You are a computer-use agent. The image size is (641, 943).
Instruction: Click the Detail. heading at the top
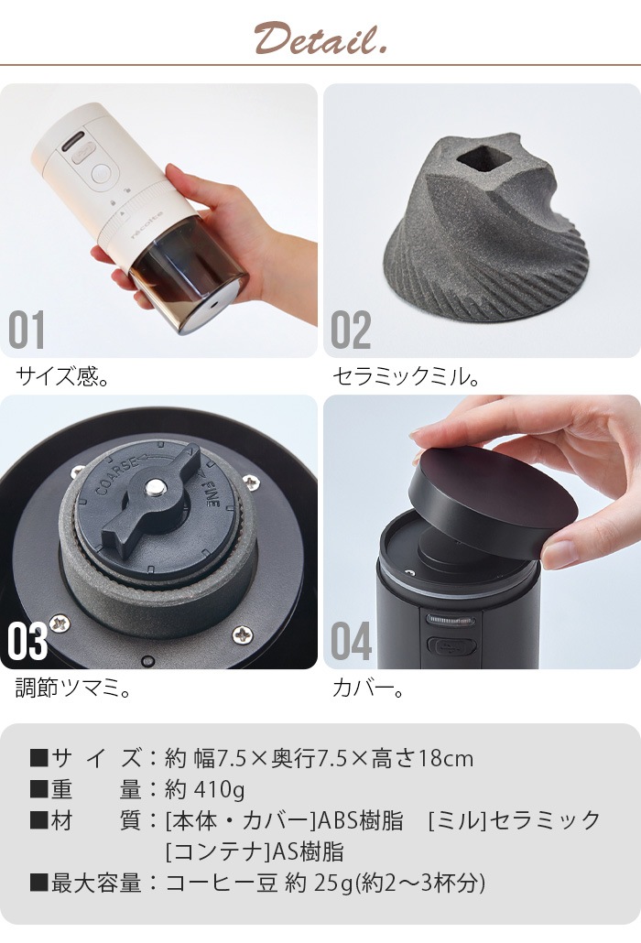tap(320, 39)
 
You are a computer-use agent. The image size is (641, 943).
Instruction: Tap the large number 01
tap(27, 331)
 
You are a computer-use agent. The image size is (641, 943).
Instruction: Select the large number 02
tap(351, 331)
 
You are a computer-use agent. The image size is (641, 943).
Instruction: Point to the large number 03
tap(27, 642)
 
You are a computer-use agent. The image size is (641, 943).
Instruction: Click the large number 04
tap(352, 642)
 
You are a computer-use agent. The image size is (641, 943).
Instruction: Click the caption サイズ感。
tap(63, 375)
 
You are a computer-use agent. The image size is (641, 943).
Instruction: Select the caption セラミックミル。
tap(405, 375)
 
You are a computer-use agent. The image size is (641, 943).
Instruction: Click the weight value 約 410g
tap(205, 789)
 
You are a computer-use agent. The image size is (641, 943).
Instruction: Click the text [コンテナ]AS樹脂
tap(254, 851)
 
